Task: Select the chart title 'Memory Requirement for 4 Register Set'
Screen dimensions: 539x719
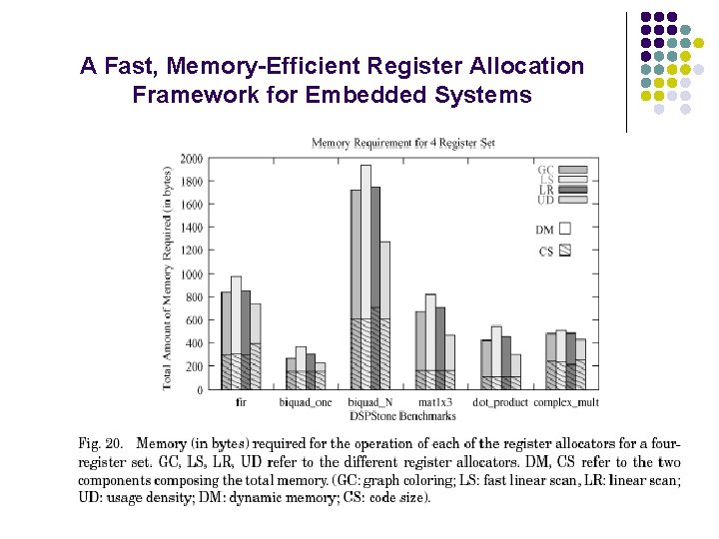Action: coord(403,143)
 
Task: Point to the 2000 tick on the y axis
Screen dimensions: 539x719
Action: coord(191,159)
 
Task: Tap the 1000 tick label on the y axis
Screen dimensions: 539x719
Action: coord(191,274)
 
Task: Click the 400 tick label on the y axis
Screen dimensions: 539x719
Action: coord(193,343)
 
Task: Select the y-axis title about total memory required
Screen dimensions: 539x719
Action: coord(168,278)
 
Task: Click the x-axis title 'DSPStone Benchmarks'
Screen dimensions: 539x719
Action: coord(403,415)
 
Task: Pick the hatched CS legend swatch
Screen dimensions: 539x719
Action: coord(565,251)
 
